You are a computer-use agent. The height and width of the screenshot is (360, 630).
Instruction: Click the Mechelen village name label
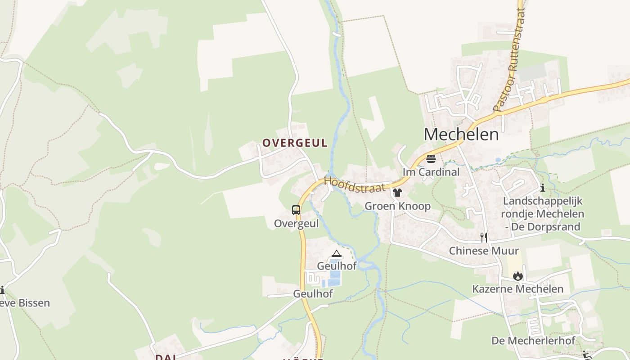pyautogui.click(x=461, y=135)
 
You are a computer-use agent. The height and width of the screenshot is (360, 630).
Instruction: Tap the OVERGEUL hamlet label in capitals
pyautogui.click(x=295, y=143)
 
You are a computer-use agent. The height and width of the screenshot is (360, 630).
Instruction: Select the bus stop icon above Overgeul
pyautogui.click(x=296, y=210)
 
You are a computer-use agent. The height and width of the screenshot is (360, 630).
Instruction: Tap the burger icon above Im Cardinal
pyautogui.click(x=431, y=158)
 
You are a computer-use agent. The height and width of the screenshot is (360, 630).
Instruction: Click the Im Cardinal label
pyautogui.click(x=431, y=172)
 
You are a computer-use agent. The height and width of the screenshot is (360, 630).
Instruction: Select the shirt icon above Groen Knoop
pyautogui.click(x=397, y=193)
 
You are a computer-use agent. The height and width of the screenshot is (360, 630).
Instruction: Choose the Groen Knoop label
pyautogui.click(x=397, y=206)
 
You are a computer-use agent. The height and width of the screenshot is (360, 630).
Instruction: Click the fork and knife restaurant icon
pyautogui.click(x=484, y=237)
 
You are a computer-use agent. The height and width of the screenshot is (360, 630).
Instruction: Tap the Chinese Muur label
pyautogui.click(x=484, y=251)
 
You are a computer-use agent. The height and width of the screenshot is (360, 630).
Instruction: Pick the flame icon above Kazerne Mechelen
pyautogui.click(x=518, y=275)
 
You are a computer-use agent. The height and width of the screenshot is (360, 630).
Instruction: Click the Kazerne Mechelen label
pyautogui.click(x=517, y=289)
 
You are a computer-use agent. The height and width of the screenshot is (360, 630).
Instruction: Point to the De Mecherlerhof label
pyautogui.click(x=533, y=341)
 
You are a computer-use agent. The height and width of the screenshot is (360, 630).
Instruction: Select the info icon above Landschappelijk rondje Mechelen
pyautogui.click(x=543, y=188)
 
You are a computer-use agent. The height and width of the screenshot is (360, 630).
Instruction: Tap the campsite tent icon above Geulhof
pyautogui.click(x=337, y=254)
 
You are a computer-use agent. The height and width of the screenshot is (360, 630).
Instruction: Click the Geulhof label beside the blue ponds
pyautogui.click(x=337, y=266)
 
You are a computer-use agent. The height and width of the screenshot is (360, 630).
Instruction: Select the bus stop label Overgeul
pyautogui.click(x=296, y=224)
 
